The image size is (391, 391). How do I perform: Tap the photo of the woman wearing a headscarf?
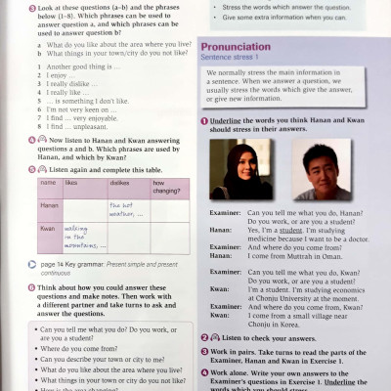[235, 169]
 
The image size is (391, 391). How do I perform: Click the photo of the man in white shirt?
[322, 169]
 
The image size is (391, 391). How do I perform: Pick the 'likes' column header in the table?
[71, 183]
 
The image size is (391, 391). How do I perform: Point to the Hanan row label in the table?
[49, 206]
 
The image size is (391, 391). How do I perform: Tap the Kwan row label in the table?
[47, 229]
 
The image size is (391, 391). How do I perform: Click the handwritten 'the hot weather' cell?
[126, 208]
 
